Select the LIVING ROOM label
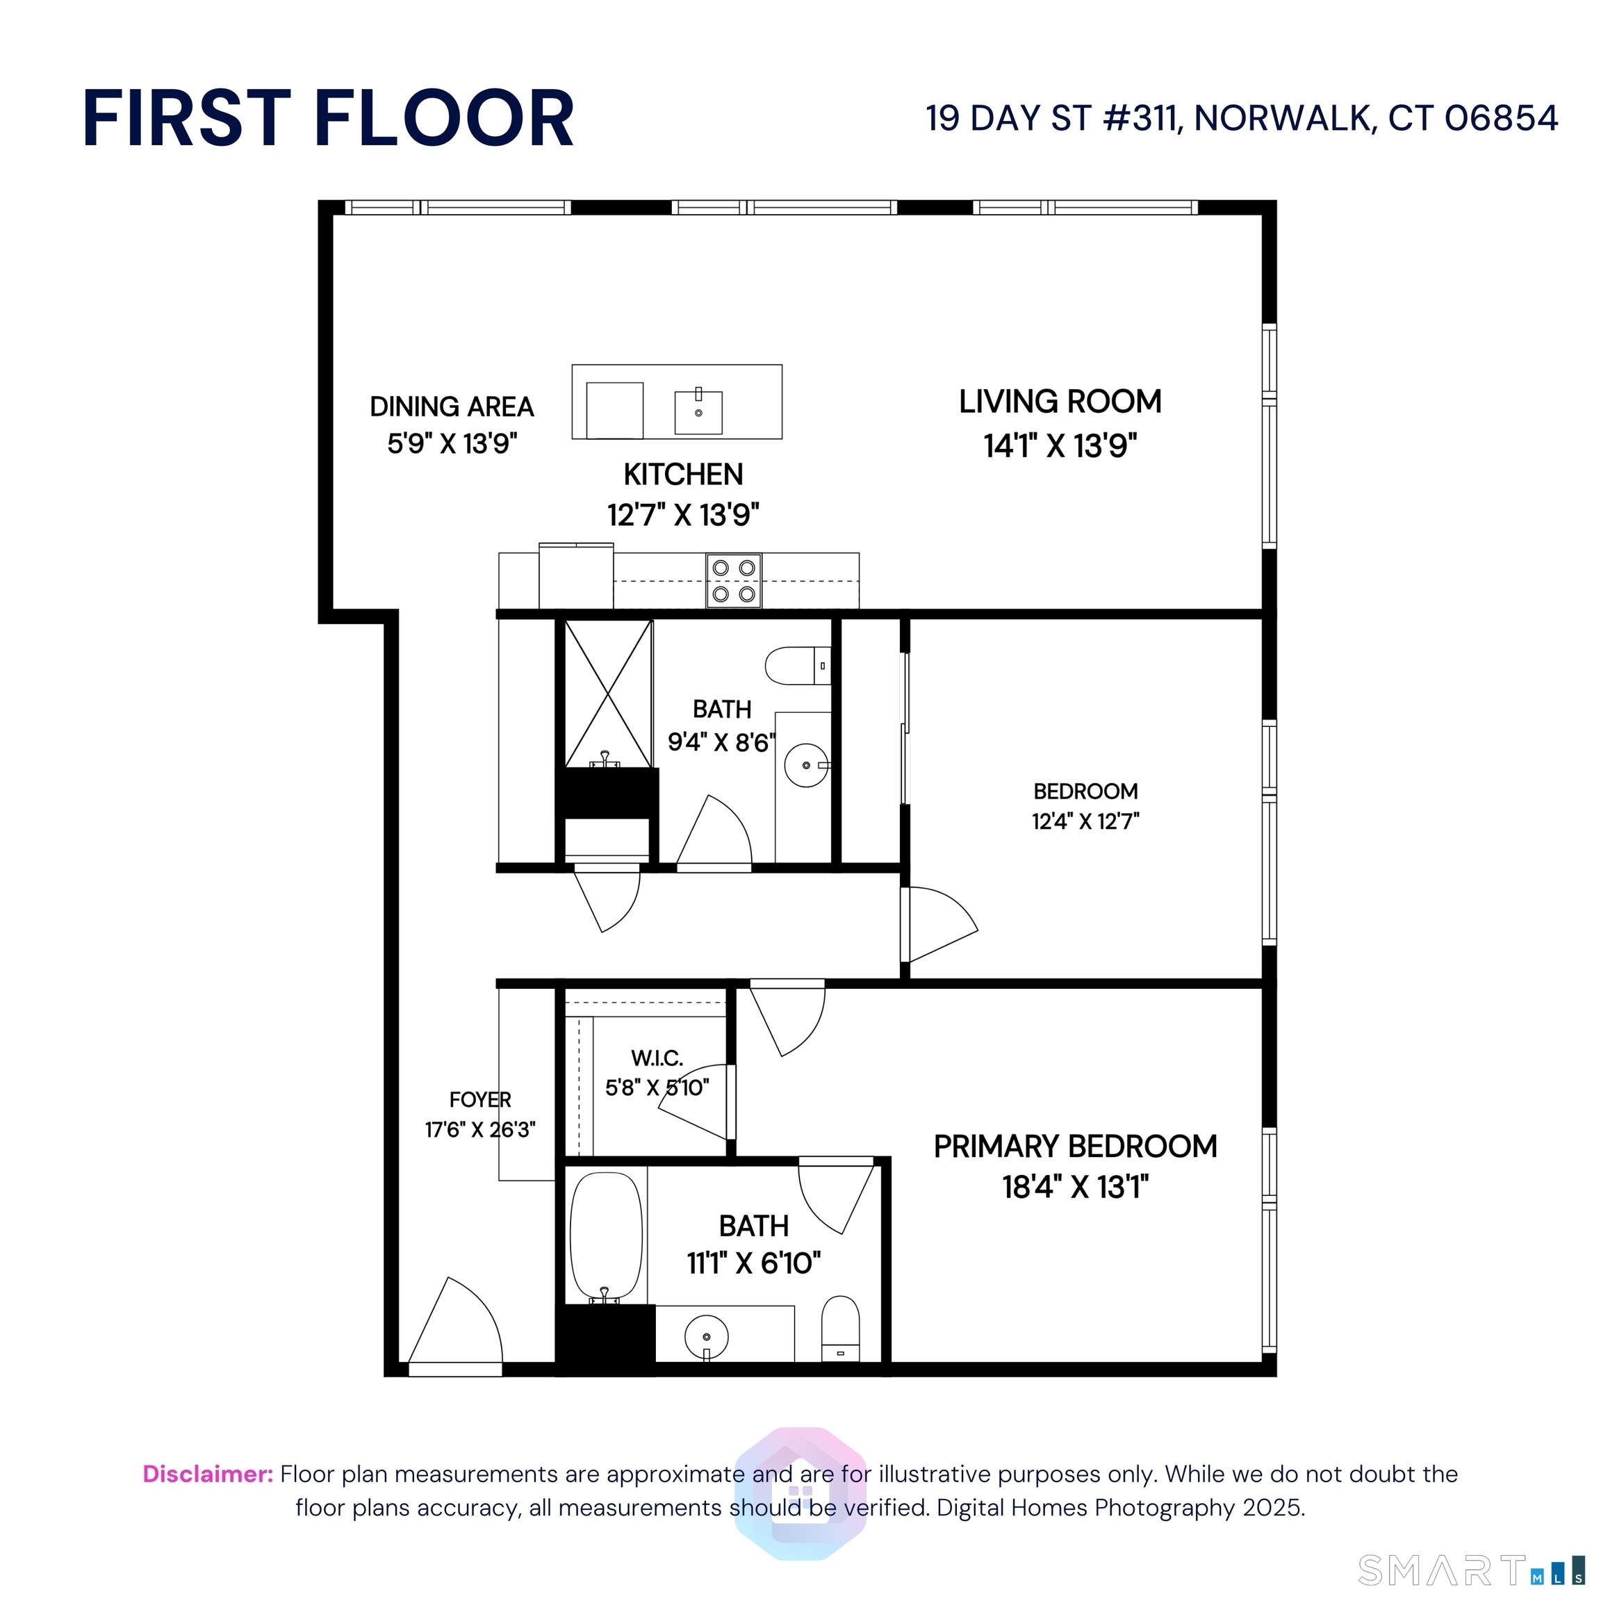1060,402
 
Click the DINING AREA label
452,407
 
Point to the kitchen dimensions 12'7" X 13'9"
683,515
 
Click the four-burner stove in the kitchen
733,581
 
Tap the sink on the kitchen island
698,412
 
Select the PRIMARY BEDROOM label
1075,1146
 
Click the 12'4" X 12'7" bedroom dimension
1085,821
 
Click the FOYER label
479,1100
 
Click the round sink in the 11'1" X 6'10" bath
706,1337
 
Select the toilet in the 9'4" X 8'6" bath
796,666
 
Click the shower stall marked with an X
608,693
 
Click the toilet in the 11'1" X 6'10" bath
840,1329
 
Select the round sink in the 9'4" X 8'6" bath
805,765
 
